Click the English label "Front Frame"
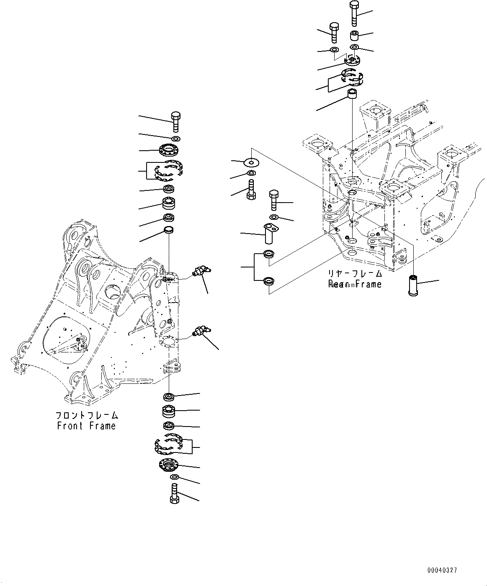(86, 426)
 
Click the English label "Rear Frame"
(355, 285)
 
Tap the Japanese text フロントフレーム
(87, 416)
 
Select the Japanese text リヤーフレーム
(355, 274)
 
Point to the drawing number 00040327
(442, 570)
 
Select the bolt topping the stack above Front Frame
(176, 122)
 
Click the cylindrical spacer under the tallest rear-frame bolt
(355, 35)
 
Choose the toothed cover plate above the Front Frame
(170, 149)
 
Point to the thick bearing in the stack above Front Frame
(169, 204)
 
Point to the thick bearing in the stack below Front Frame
(169, 411)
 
